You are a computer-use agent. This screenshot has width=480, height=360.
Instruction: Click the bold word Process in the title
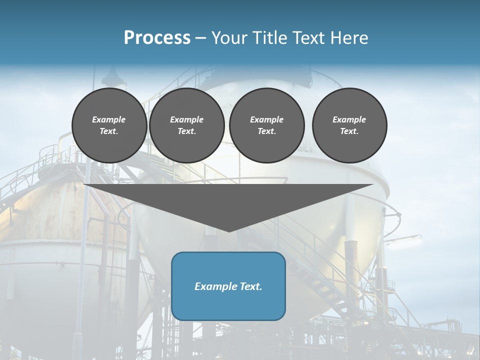tap(157, 38)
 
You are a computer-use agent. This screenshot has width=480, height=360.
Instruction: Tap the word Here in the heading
tap(348, 38)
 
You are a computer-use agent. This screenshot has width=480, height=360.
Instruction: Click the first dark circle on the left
tap(109, 125)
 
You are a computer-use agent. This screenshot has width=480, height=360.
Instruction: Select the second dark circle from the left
tap(186, 125)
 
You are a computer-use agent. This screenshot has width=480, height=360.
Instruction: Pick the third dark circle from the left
tap(266, 125)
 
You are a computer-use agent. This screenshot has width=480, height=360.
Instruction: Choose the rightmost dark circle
tap(349, 125)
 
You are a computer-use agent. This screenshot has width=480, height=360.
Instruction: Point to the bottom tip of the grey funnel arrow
tap(228, 231)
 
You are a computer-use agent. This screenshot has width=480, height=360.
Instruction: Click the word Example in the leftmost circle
tap(109, 119)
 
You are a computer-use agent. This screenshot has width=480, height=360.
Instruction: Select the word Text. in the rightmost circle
tap(349, 131)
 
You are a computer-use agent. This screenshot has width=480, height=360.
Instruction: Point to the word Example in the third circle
tap(266, 119)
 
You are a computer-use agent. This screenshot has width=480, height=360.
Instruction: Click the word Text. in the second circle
tap(186, 131)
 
